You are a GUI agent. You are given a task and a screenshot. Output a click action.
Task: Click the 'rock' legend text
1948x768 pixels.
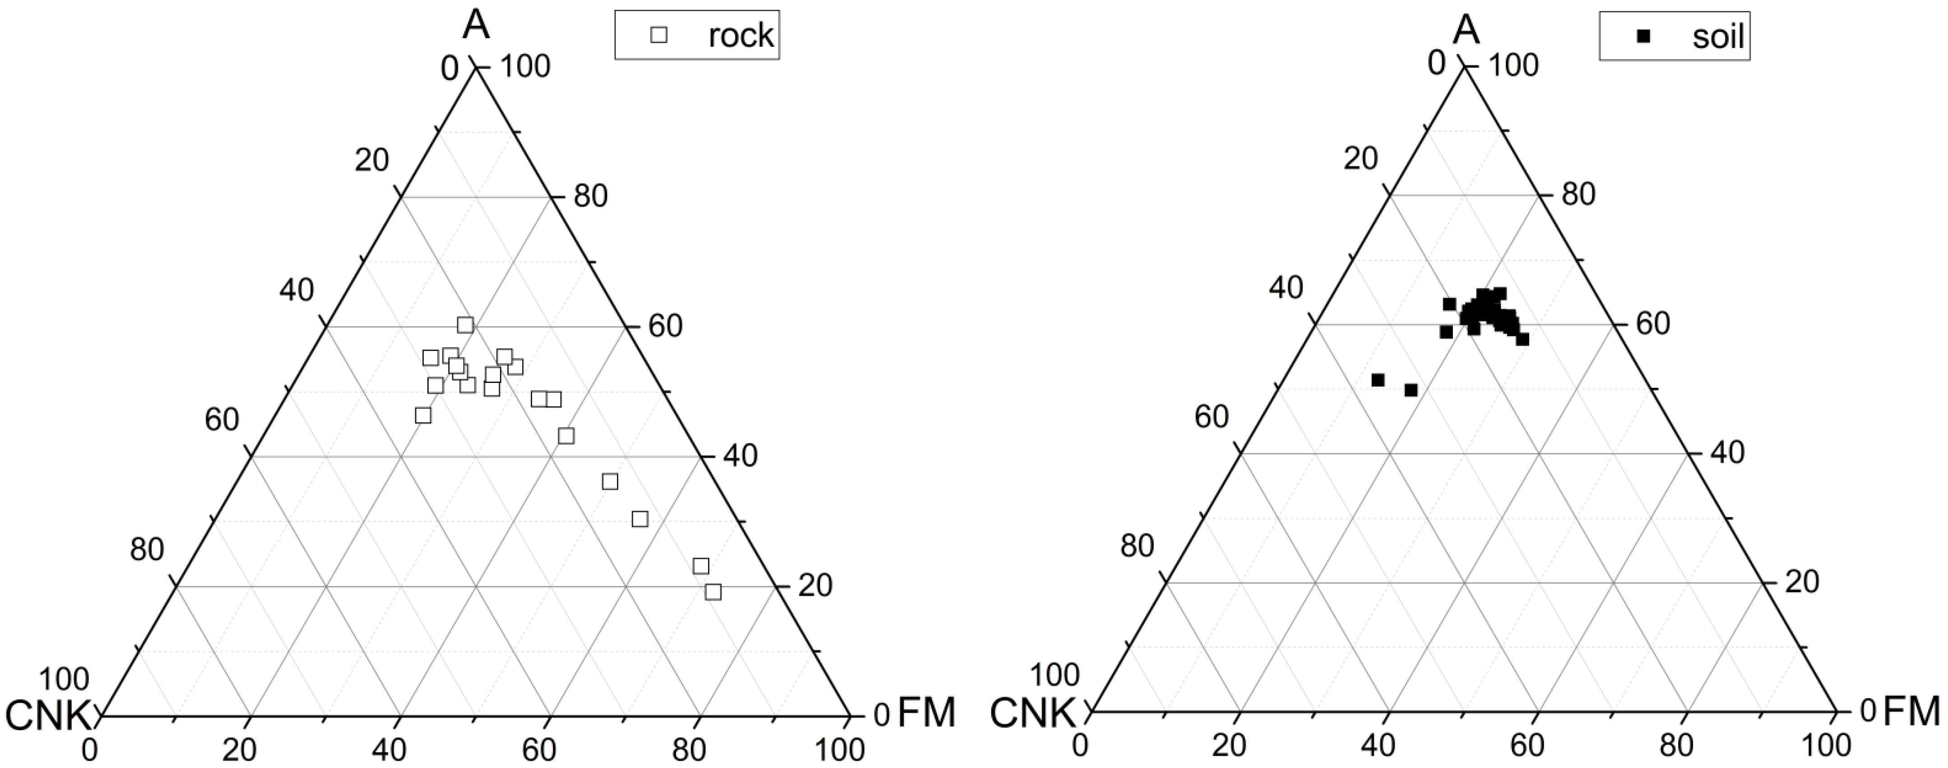(740, 36)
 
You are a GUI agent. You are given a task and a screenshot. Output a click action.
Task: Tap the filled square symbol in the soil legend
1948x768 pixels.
(1637, 36)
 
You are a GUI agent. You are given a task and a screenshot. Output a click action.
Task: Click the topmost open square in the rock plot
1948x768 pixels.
(465, 325)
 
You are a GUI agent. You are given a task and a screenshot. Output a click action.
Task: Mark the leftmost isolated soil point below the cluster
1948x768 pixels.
(1378, 379)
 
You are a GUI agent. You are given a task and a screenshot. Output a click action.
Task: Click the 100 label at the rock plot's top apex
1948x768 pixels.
(525, 67)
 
